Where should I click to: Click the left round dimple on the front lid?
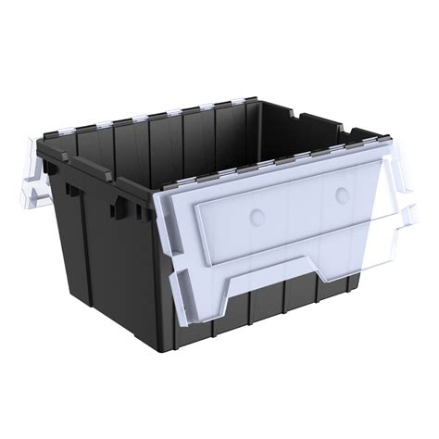click(257, 215)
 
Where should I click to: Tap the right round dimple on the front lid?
click(343, 194)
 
